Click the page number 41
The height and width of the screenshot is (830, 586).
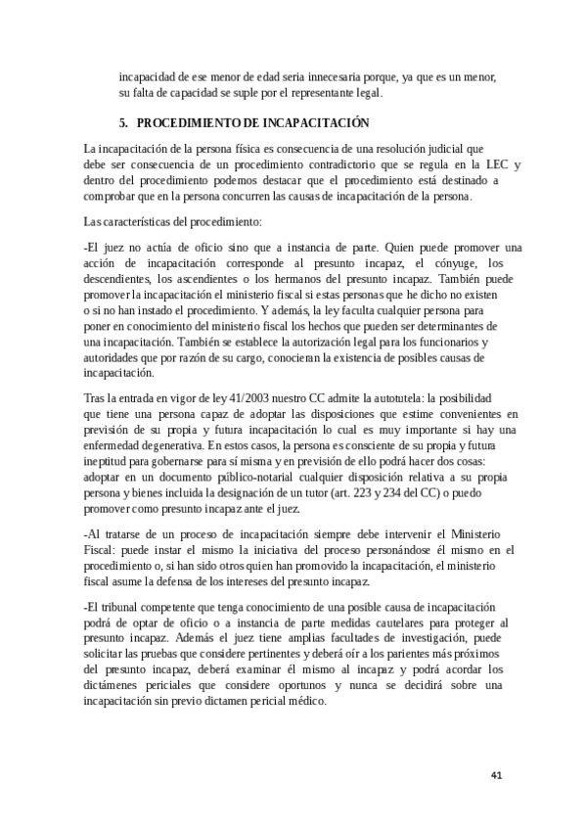(x=496, y=775)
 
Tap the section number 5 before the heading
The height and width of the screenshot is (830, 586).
(x=123, y=123)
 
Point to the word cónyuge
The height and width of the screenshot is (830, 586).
(x=448, y=263)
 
